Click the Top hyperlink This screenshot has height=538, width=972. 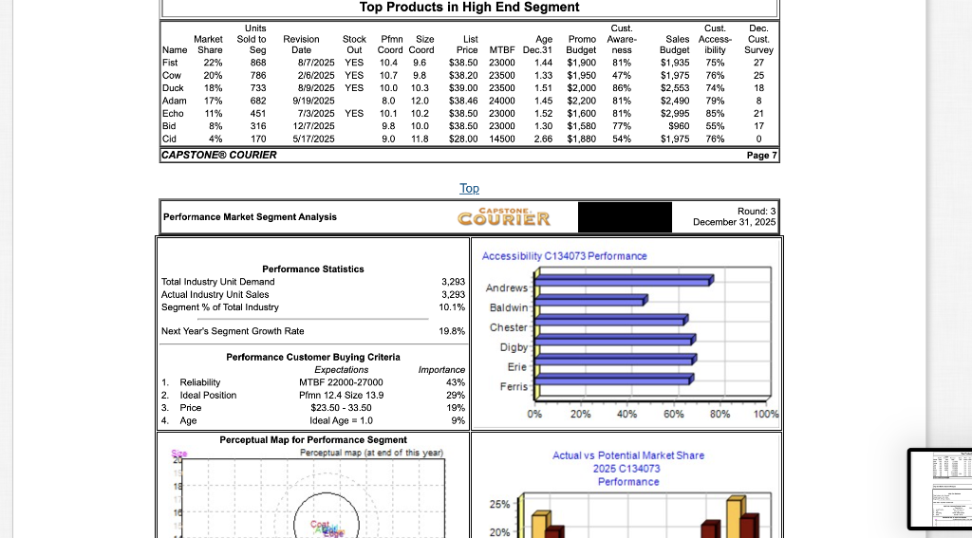tap(469, 189)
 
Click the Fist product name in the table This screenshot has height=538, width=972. tap(172, 63)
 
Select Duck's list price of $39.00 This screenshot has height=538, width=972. tap(461, 87)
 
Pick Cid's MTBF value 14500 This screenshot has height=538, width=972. tap(500, 137)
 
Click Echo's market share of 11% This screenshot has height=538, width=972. tap(214, 112)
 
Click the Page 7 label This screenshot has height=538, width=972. tap(761, 154)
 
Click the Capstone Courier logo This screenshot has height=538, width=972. tap(504, 218)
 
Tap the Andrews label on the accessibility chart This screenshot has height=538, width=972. tap(506, 288)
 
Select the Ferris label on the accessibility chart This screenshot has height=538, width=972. tap(513, 387)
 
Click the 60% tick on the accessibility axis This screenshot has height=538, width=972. tap(673, 415)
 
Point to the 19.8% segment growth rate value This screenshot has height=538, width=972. tap(452, 331)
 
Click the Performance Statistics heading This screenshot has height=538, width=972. tap(312, 269)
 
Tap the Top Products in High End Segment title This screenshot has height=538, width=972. tap(469, 8)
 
